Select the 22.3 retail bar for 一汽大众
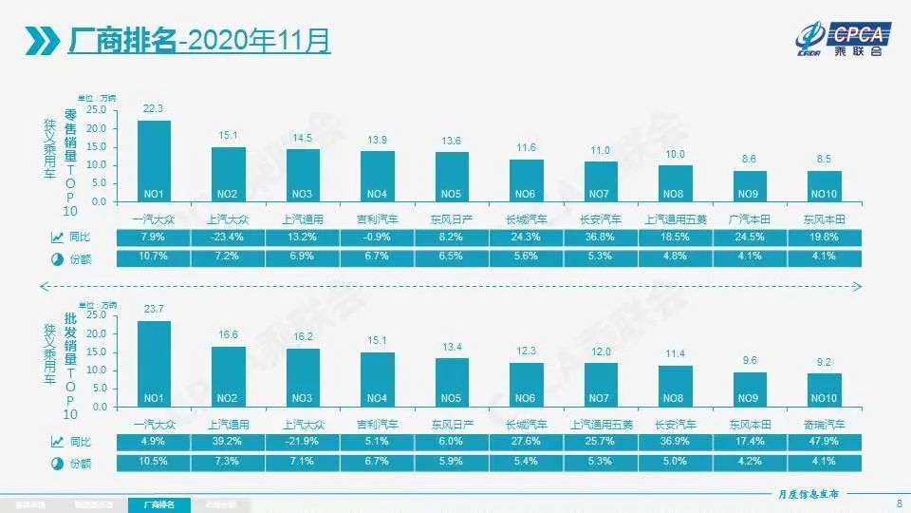coord(155,161)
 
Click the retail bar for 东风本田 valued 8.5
coord(824,186)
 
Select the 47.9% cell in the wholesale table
coord(824,441)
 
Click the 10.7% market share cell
coord(155,257)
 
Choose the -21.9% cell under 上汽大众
coord(303,441)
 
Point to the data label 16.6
coord(228,334)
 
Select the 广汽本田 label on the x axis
coord(750,218)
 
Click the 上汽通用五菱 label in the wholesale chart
coord(601,423)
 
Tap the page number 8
coord(898,503)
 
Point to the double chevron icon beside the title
coord(41,41)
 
